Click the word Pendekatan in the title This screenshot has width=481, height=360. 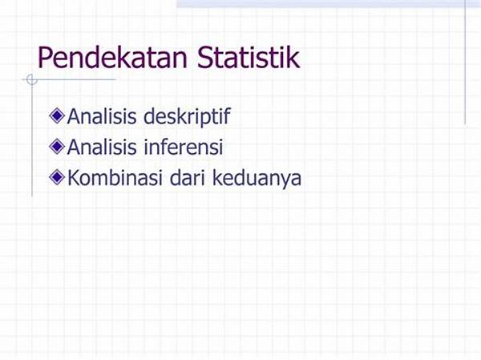(112, 58)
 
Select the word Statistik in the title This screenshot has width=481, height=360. (249, 57)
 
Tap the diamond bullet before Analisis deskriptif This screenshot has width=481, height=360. (57, 116)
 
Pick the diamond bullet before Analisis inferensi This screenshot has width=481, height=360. (57, 147)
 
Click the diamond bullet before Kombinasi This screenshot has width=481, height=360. (57, 177)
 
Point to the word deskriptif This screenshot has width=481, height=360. (187, 117)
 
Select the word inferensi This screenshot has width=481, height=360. (184, 147)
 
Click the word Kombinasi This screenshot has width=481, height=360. (115, 177)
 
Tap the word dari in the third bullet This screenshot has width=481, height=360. (187, 177)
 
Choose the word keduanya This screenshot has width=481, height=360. (257, 179)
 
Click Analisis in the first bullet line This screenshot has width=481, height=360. (102, 116)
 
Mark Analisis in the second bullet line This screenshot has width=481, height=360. (102, 147)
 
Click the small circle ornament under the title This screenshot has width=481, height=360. (31, 79)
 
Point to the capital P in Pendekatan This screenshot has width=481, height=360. (45, 58)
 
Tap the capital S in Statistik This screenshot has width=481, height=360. (205, 58)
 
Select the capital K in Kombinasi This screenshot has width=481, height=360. (74, 177)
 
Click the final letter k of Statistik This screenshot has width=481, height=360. (293, 57)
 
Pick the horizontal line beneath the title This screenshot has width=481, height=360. (69, 79)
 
